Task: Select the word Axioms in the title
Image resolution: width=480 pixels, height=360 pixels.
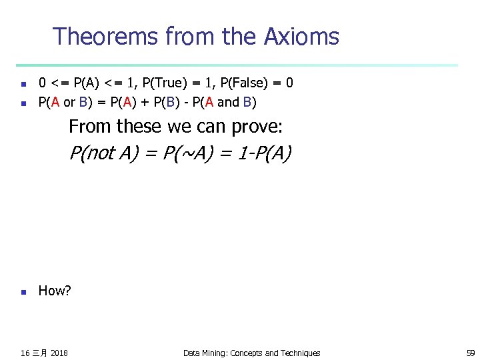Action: tap(303, 36)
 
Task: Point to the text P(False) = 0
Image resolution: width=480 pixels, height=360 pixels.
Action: tap(256, 83)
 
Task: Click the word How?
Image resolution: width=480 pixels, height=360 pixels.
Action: tap(55, 291)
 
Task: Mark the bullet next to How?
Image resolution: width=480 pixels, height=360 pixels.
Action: tap(23, 291)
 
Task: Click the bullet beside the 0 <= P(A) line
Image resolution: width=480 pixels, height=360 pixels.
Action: tap(23, 84)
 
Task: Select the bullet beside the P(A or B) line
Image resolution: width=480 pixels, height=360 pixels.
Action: tap(23, 103)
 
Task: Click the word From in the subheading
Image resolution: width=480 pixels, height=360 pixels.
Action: tap(90, 127)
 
